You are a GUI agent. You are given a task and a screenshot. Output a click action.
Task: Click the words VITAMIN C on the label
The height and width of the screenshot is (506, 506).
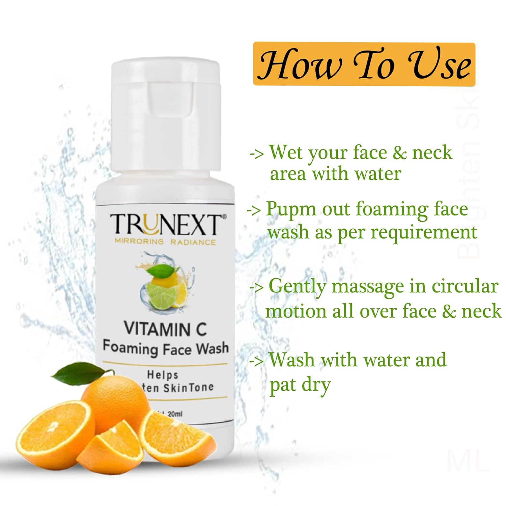[165, 329]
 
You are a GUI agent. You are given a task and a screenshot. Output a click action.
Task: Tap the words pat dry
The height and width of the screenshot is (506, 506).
[300, 385]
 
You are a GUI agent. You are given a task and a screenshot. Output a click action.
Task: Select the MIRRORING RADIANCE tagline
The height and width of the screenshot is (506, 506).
[165, 242]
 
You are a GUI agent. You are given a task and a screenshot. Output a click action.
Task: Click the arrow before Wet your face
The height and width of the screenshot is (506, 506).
[257, 153]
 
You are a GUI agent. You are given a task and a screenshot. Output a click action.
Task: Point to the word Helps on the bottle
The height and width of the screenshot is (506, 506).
[163, 374]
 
